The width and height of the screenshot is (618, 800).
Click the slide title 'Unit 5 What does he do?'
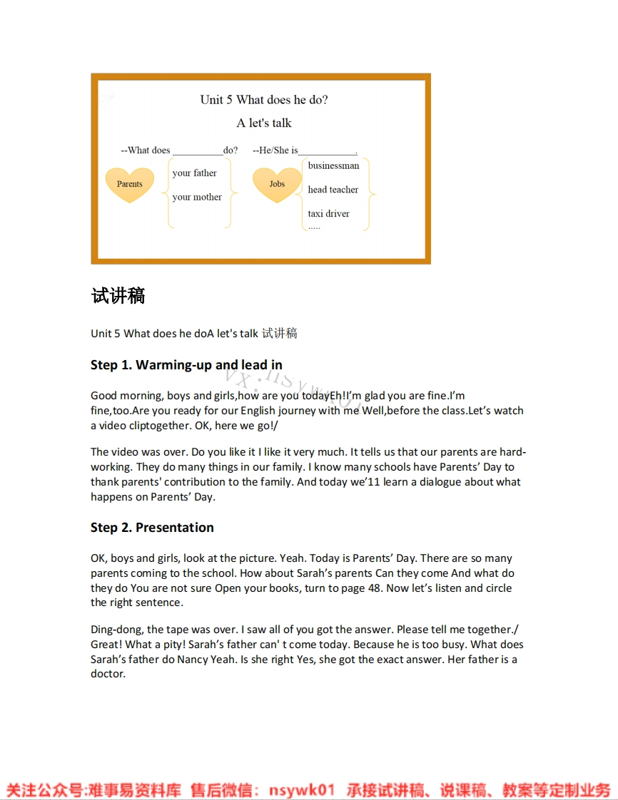coord(264,100)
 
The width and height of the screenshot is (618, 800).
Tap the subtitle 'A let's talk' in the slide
coord(264,123)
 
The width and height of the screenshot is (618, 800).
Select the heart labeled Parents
coord(130,184)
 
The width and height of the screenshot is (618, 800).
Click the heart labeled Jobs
coord(277,184)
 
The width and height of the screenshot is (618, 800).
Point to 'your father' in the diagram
coord(194,173)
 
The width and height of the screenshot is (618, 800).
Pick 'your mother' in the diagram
coord(197,198)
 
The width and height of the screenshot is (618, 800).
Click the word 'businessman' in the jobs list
coord(333,166)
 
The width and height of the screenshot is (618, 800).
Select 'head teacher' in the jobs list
coord(333,190)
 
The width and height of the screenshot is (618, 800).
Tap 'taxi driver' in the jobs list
coord(328,214)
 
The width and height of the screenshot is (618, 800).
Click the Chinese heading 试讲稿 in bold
coord(118,296)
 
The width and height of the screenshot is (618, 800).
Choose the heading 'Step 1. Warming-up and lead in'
coord(186,365)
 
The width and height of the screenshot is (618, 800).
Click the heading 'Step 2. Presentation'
coord(152,528)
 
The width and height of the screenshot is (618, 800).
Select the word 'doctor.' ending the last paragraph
coord(108,674)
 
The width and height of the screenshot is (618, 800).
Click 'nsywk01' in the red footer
coord(302,790)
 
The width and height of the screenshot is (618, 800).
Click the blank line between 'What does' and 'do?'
coord(197,151)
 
